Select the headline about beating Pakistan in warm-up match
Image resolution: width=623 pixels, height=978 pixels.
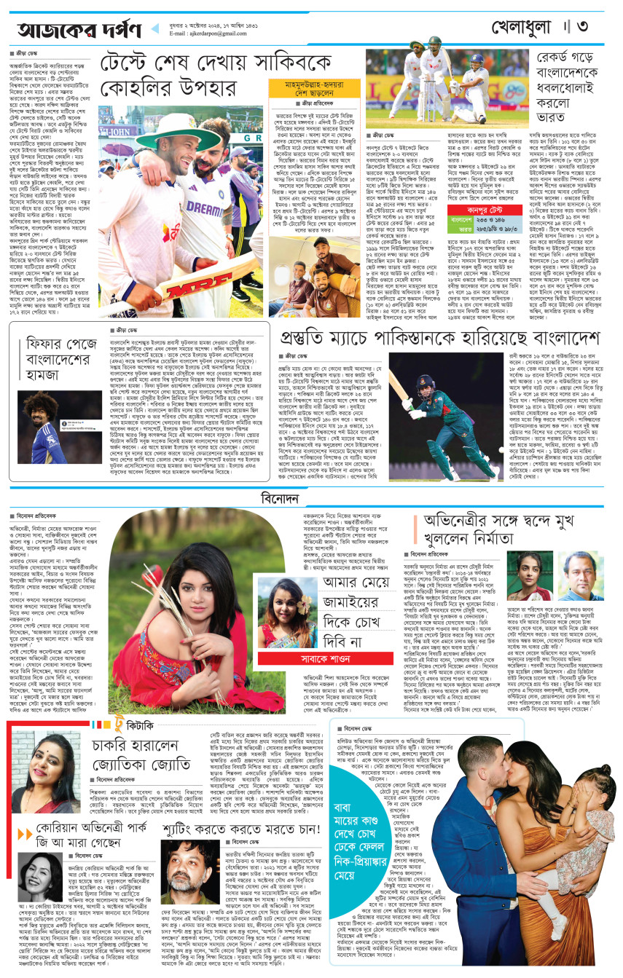(x=439, y=339)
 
